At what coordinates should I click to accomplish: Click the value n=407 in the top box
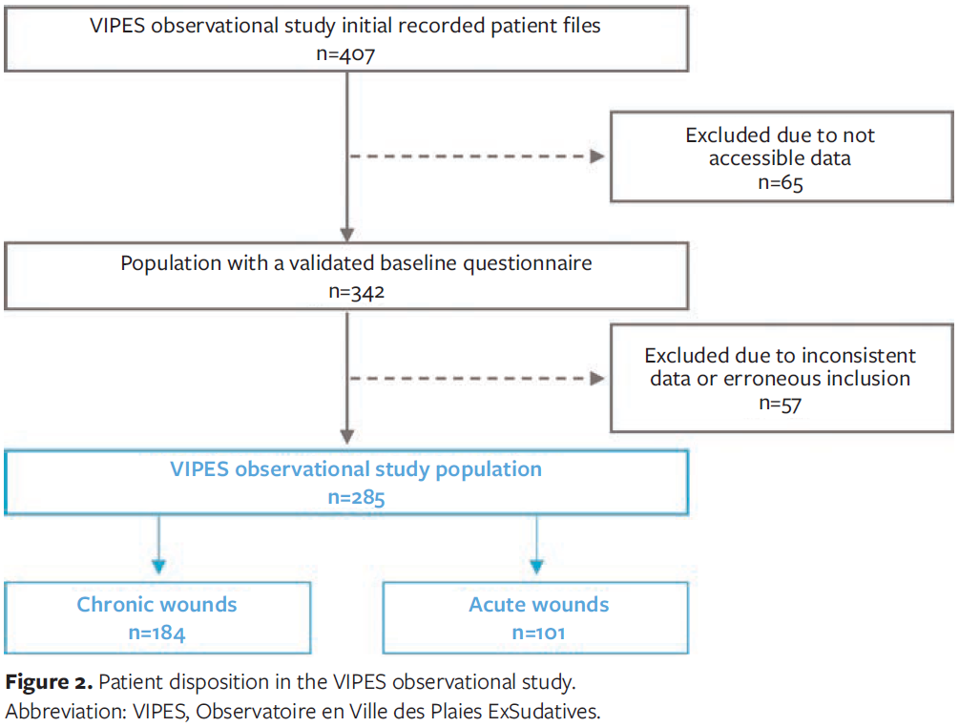(x=345, y=53)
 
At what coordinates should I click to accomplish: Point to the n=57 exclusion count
(x=780, y=404)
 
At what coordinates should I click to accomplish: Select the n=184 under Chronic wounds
(x=156, y=632)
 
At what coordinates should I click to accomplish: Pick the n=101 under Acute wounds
(x=539, y=632)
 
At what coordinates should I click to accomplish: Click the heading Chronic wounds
(x=156, y=604)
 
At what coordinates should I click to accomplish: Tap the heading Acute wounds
(x=539, y=604)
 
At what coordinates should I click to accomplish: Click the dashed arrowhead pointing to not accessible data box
(x=598, y=157)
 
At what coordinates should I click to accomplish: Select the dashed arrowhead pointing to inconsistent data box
(x=598, y=379)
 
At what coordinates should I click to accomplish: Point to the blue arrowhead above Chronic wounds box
(x=158, y=566)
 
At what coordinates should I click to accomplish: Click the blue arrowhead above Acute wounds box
(x=537, y=566)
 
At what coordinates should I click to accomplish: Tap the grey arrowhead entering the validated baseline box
(x=347, y=233)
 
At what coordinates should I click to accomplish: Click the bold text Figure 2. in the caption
(x=49, y=683)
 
